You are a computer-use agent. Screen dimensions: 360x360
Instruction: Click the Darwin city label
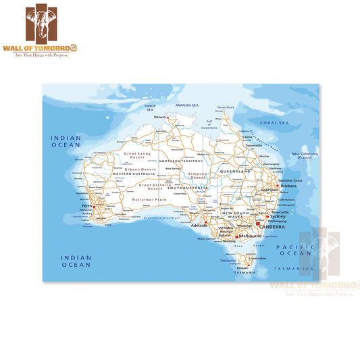(x=159, y=117)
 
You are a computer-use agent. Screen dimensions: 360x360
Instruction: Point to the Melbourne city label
(x=250, y=236)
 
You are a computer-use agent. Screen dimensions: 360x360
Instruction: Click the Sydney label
(x=278, y=216)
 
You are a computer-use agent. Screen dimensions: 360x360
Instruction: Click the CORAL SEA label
(x=274, y=123)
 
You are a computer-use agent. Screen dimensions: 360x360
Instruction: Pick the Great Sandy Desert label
(x=137, y=157)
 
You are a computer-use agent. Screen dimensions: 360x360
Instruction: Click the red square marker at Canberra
(x=257, y=224)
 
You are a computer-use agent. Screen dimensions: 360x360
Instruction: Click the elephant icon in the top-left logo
(x=47, y=26)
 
